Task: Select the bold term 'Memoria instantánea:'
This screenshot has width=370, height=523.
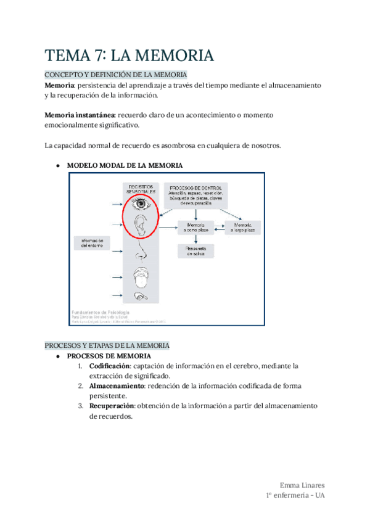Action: pyautogui.click(x=80, y=115)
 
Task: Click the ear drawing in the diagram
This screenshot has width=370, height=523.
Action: pyautogui.click(x=141, y=225)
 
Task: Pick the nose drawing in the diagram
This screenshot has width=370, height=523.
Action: pyautogui.click(x=141, y=249)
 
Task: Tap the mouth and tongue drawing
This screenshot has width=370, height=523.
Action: pyautogui.click(x=141, y=274)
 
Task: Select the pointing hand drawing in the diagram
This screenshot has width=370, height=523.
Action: pyautogui.click(x=141, y=297)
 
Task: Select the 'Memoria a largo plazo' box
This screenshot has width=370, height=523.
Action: pyautogui.click(x=242, y=228)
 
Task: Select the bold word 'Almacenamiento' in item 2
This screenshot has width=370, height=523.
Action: pyautogui.click(x=117, y=385)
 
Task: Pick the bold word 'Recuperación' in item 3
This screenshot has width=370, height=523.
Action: pyautogui.click(x=113, y=406)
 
